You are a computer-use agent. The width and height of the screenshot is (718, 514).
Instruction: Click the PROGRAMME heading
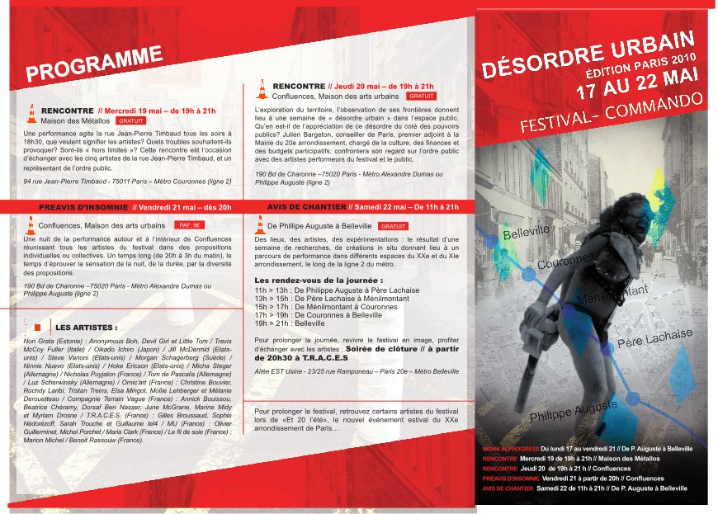(93, 65)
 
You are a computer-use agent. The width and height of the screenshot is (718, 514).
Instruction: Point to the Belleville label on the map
(526, 233)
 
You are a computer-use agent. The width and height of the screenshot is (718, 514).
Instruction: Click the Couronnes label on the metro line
(565, 262)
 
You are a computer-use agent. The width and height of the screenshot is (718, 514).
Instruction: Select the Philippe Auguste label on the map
(573, 409)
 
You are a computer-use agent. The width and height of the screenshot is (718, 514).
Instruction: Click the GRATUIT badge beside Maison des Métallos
(131, 120)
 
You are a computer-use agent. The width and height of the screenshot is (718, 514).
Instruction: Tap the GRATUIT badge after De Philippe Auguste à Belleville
(393, 225)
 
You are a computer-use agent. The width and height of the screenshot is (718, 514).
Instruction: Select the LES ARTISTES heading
(86, 328)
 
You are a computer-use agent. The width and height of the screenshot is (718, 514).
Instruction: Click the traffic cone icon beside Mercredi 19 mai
(32, 115)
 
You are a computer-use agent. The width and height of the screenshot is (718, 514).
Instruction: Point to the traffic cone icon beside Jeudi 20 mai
(262, 89)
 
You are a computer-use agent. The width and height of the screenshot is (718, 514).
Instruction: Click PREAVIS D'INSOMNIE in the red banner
(83, 206)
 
